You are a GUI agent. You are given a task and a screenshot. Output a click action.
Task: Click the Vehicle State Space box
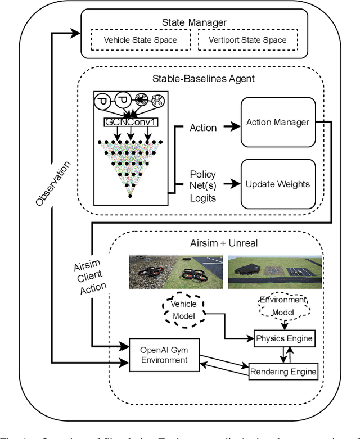pos(141,40)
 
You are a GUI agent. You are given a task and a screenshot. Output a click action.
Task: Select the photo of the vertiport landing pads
pos(275,272)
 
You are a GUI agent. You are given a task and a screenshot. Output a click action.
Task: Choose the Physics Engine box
pos(283,339)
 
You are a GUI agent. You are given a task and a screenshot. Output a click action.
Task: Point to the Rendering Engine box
pos(283,371)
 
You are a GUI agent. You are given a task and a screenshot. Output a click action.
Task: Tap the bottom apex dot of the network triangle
pos(130,195)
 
